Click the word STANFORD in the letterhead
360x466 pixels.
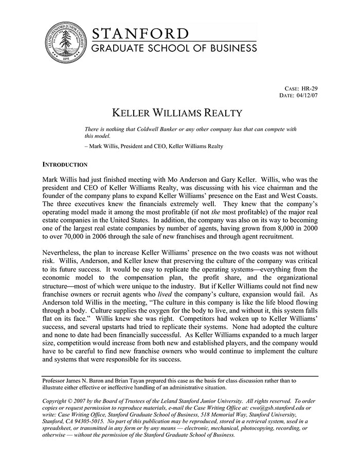(x=140, y=34)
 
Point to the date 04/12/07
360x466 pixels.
(x=307, y=96)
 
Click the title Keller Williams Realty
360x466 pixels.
(x=177, y=113)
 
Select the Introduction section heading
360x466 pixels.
(x=64, y=165)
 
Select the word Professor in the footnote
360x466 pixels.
(x=55, y=381)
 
